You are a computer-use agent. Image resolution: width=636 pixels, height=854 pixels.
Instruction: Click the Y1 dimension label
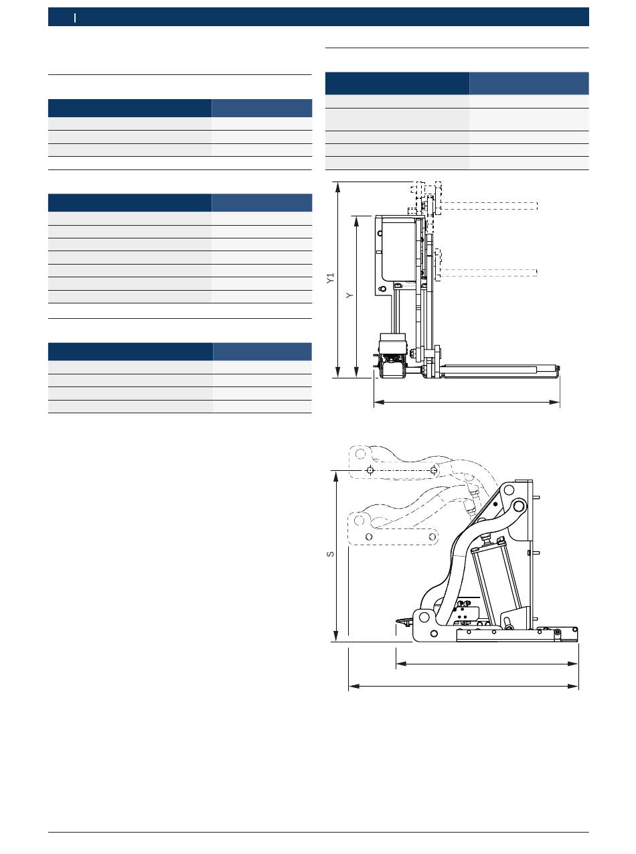tap(330, 279)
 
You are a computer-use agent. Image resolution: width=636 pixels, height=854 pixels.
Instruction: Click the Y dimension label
tap(349, 295)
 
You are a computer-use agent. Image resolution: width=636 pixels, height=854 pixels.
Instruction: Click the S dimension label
tap(330, 554)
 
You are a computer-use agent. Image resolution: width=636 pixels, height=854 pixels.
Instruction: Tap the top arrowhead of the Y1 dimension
tap(338, 187)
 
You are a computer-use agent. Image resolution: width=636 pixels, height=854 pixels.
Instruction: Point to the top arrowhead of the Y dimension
tap(357, 221)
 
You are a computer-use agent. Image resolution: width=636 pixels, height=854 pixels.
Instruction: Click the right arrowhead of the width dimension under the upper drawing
tap(555, 403)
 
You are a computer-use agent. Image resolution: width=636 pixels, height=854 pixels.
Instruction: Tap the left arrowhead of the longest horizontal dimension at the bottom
tap(354, 686)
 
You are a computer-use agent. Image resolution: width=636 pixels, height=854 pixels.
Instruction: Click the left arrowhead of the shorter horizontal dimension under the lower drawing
tap(402, 663)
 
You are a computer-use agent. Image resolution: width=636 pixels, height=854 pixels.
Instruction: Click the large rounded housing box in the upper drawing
tap(398, 249)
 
